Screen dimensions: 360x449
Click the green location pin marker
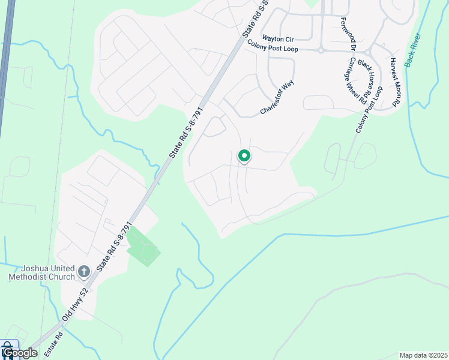(244, 156)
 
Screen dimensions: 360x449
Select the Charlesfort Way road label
(277, 98)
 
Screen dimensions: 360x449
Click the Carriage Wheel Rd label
(356, 81)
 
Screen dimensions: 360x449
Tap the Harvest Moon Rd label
(395, 82)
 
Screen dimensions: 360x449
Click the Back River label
(413, 50)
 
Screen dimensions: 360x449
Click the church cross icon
(83, 272)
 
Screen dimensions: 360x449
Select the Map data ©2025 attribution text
(423, 355)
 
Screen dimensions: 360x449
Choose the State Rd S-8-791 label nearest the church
(114, 246)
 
